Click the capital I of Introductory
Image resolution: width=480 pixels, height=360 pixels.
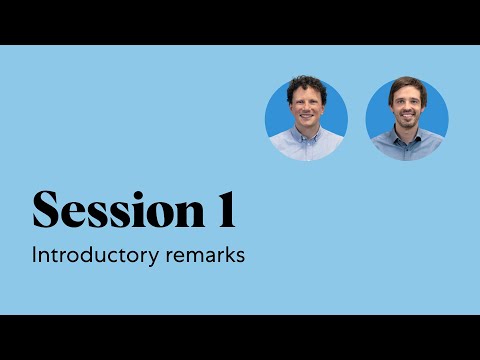pos(35,255)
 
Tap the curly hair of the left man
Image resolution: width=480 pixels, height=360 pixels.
pos(306,87)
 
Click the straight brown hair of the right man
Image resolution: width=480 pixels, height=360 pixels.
pos(407,88)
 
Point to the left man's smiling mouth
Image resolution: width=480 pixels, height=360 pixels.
pos(306,126)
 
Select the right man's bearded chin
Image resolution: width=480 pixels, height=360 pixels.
pos(407,133)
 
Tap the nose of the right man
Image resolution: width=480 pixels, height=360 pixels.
pos(407,116)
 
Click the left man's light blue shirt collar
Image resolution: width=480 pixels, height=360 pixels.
pos(306,144)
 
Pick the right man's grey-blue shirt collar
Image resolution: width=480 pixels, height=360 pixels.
pos(407,146)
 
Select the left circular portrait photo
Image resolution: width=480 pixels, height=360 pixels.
pos(306,118)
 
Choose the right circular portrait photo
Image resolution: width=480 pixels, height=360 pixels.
pos(407,118)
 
